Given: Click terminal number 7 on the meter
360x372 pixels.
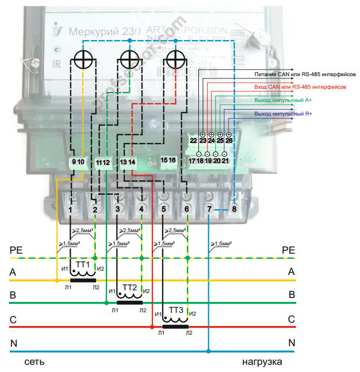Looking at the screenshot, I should (x=209, y=209).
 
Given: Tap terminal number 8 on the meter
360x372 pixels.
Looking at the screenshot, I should (x=234, y=209).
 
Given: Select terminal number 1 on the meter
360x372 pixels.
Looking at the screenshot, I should (x=71, y=209).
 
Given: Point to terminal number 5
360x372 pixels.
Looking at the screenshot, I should (x=163, y=209).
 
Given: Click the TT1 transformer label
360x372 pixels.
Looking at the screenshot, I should (x=83, y=264).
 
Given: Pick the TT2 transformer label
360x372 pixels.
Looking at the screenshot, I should (x=130, y=288).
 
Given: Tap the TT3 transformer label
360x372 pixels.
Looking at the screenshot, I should (x=176, y=311).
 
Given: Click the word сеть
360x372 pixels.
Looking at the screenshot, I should (x=34, y=362).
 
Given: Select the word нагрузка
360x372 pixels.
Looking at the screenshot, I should (x=262, y=362).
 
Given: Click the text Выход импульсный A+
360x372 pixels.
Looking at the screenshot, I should (x=283, y=100).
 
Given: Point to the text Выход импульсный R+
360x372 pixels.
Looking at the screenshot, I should (x=283, y=113).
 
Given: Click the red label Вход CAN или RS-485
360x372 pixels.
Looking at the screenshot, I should (x=300, y=87).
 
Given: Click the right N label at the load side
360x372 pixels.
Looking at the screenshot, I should (x=292, y=344).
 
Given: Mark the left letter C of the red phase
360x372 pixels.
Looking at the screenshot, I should (x=13, y=319).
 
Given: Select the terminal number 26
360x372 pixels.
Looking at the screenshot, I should (x=228, y=141).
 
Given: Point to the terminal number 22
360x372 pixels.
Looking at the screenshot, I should (x=193, y=141).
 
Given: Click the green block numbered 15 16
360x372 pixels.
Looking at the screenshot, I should (x=168, y=161).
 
